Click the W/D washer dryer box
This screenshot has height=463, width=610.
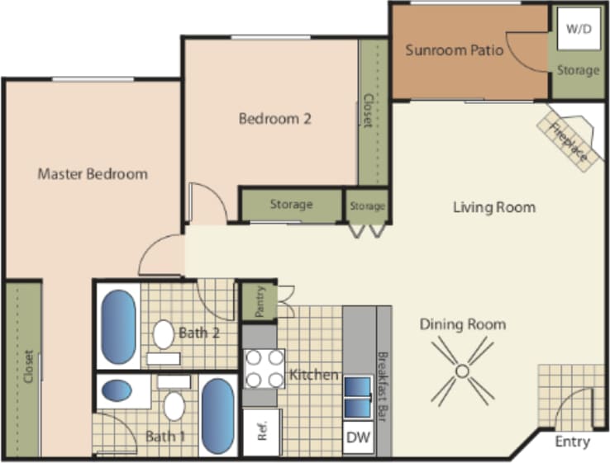(577, 29)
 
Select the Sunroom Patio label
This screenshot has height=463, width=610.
(455, 50)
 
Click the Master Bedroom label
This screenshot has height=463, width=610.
(93, 174)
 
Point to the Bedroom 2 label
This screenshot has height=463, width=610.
(274, 119)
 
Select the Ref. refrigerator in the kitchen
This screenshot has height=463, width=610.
(262, 432)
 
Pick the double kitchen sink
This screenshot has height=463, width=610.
(358, 398)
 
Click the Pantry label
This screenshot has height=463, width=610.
(258, 303)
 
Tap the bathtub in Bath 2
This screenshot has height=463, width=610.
(118, 326)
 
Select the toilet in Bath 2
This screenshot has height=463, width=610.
(164, 334)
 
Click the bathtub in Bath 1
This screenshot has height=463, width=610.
(218, 415)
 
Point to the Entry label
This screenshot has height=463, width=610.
(572, 442)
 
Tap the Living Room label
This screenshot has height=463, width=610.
(493, 207)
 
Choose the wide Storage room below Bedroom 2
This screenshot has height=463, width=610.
(291, 205)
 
